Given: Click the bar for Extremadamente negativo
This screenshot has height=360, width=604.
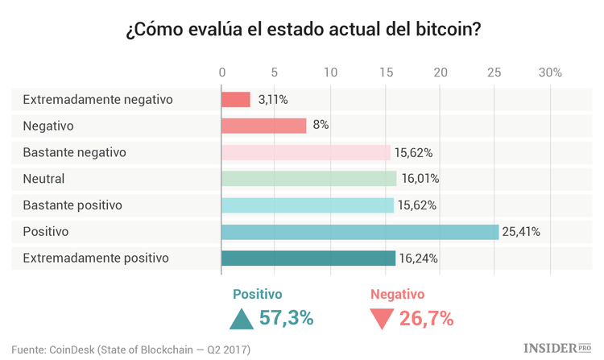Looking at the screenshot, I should [236, 99].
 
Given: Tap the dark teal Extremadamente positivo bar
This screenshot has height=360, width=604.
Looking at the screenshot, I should [308, 259].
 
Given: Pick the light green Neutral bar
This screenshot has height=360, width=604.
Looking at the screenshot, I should [308, 179].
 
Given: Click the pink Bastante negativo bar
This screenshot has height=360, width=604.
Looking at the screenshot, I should [306, 152].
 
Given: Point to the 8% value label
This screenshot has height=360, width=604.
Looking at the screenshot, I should [320, 126].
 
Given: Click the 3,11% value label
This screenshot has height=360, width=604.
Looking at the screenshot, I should [273, 99].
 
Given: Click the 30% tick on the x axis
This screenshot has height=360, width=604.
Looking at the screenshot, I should [550, 72].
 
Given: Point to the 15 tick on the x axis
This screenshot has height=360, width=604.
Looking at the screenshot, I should [386, 72].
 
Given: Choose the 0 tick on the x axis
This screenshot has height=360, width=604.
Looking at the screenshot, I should [222, 72].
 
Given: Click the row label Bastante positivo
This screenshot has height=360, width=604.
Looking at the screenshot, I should [72, 205].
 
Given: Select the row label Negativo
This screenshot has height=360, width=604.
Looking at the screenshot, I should [48, 126].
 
